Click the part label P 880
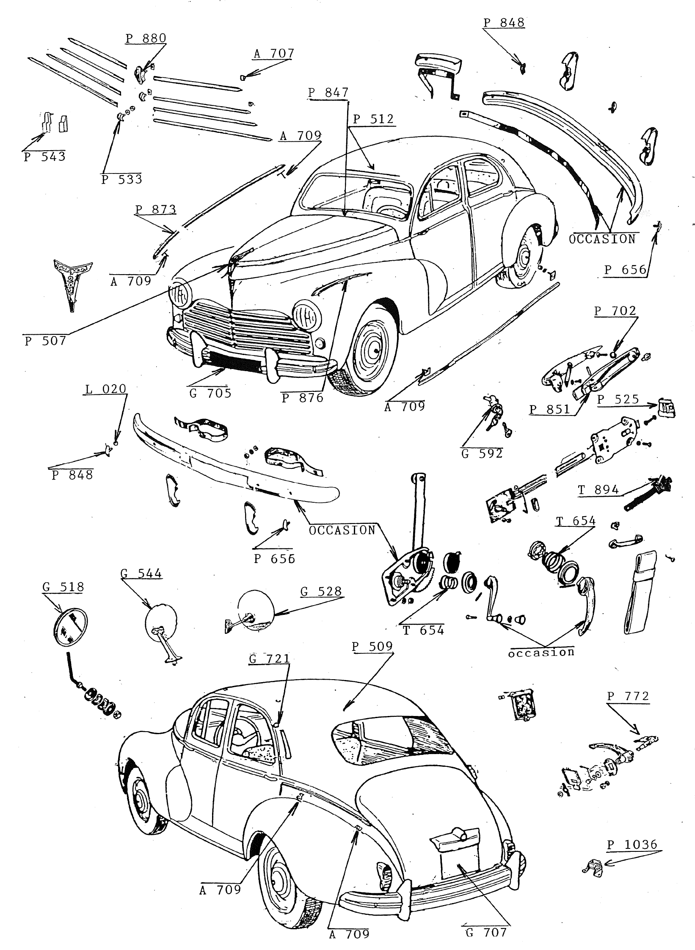tap(146, 39)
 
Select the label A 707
tap(273, 54)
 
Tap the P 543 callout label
tap(45, 157)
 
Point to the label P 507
tap(45, 341)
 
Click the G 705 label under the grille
tap(210, 393)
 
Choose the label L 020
tap(106, 389)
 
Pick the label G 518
tap(63, 587)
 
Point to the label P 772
tap(628, 696)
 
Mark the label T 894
tap(598, 490)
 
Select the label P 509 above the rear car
tap(372, 646)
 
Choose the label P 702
tap(615, 311)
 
